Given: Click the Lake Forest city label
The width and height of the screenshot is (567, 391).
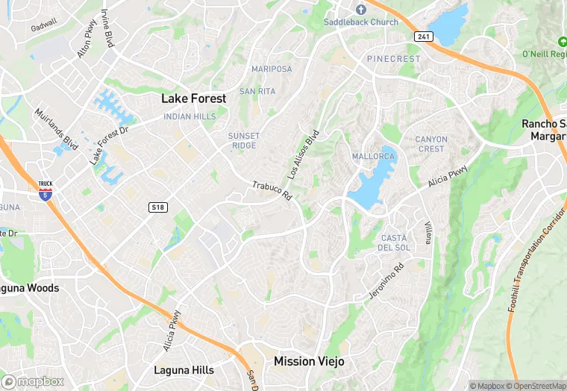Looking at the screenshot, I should (194, 98).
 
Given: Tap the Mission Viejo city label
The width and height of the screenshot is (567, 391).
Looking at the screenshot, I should (309, 361).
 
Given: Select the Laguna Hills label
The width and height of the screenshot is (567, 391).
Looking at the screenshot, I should (184, 370).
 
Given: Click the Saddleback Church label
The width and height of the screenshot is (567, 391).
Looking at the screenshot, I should (360, 22).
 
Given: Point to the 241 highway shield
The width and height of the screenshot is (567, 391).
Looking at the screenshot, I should (424, 37).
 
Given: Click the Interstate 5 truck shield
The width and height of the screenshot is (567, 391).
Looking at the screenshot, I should (46, 191).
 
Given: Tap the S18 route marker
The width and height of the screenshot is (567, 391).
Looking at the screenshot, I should (157, 206).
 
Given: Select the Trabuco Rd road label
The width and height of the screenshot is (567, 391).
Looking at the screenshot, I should (272, 190).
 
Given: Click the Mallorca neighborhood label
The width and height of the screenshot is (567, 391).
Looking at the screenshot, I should (373, 157).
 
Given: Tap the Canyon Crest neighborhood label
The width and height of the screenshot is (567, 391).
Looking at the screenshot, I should (431, 144).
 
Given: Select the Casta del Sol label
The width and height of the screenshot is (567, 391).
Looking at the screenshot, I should (393, 243).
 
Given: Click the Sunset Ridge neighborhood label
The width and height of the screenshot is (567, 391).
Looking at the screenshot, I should (244, 140).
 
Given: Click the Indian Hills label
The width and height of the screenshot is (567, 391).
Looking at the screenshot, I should (189, 117).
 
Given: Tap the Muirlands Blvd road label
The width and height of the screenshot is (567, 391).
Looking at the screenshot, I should (56, 128).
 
